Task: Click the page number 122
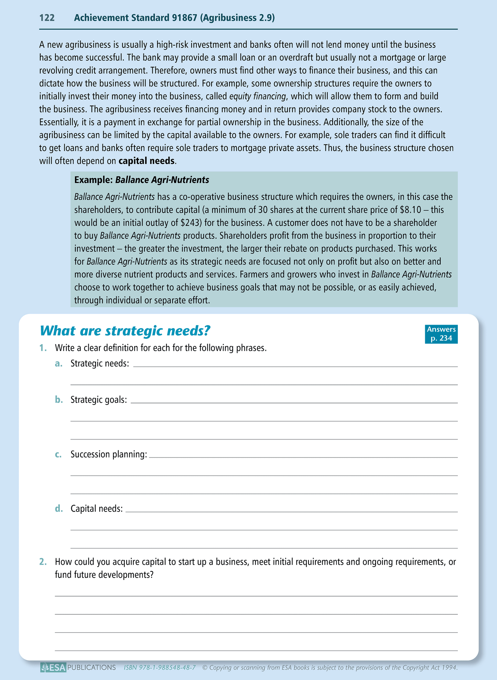pyautogui.click(x=47, y=18)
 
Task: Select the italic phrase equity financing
pyautogui.click(x=257, y=97)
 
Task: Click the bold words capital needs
pyautogui.click(x=147, y=161)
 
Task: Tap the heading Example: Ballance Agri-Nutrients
pyautogui.click(x=142, y=180)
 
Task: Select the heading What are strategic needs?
pyautogui.click(x=125, y=331)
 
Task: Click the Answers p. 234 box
pyautogui.click(x=441, y=334)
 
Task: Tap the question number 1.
pyautogui.click(x=43, y=348)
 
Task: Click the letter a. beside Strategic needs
pyautogui.click(x=58, y=364)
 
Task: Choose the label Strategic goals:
pyautogui.click(x=99, y=400)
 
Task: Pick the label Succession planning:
pyautogui.click(x=109, y=454)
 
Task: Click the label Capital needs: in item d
pyautogui.click(x=97, y=509)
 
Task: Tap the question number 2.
pyautogui.click(x=43, y=562)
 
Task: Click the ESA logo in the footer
pyautogui.click(x=53, y=668)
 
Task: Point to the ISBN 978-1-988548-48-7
pyautogui.click(x=160, y=668)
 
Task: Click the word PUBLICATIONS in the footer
pyautogui.click(x=91, y=668)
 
